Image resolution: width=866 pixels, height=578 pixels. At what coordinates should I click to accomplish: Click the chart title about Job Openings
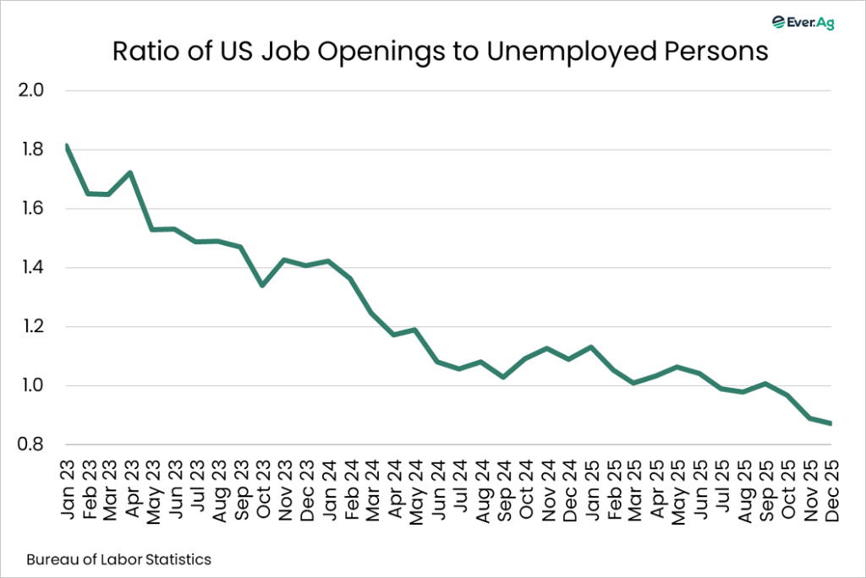pyautogui.click(x=441, y=52)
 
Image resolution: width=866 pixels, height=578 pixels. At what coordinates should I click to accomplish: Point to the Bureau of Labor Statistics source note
pyautogui.click(x=118, y=559)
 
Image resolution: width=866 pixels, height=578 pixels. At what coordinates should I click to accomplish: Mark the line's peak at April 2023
pyautogui.click(x=131, y=172)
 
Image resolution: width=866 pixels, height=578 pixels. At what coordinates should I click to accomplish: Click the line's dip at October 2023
pyautogui.click(x=262, y=286)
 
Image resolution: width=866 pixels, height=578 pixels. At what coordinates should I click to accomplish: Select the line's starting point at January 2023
pyautogui.click(x=66, y=146)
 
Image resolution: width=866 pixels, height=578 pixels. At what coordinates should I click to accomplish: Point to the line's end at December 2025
pyautogui.click(x=830, y=423)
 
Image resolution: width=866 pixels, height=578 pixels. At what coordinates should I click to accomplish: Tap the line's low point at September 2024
pyautogui.click(x=502, y=377)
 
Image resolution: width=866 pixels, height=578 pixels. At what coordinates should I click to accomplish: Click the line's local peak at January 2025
pyautogui.click(x=589, y=346)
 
